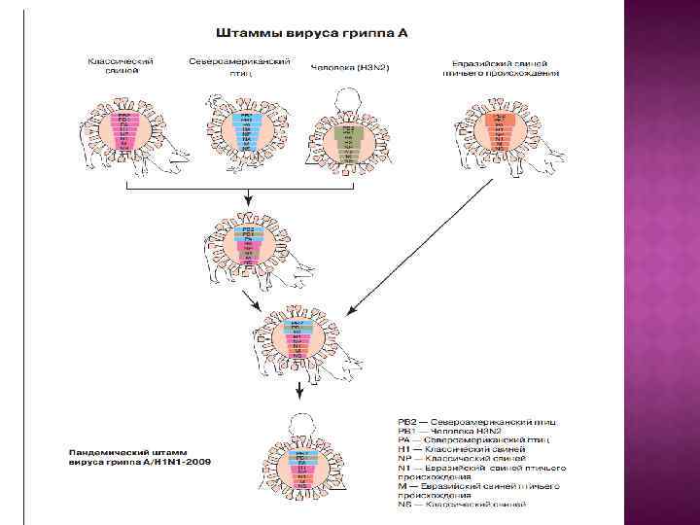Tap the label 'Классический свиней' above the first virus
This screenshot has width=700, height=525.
121,64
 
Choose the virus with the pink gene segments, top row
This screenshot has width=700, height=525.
123,131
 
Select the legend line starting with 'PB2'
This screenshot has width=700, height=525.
477,422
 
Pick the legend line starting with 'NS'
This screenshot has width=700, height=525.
462,505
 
